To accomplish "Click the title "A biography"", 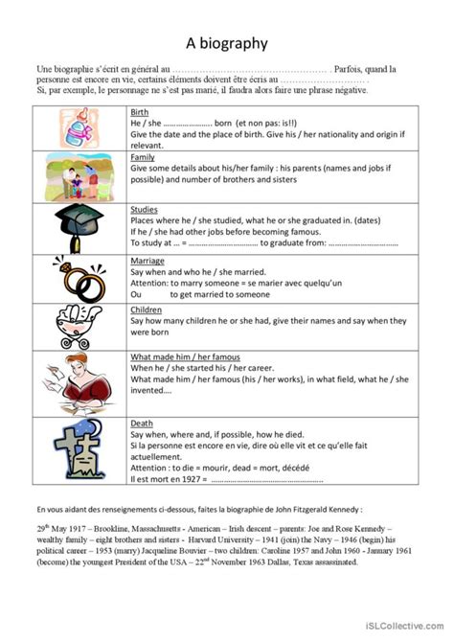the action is coord(227,42).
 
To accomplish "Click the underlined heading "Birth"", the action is coord(140,112).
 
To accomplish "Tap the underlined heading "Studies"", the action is coord(144,209).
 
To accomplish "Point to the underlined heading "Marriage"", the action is coord(148,261).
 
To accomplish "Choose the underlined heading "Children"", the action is coord(147,311).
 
